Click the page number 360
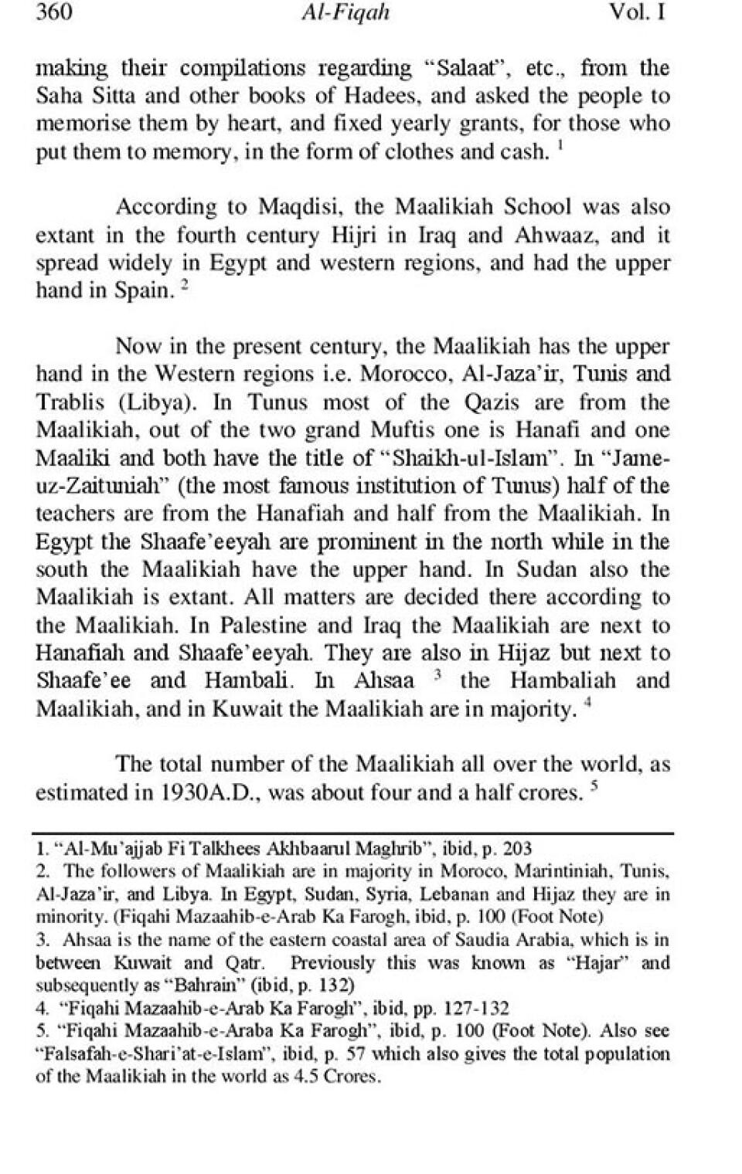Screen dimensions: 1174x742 54,13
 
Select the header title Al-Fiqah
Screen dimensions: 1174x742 347,13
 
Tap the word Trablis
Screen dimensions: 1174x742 72,402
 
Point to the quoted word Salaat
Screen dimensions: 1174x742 469,68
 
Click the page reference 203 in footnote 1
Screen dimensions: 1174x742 517,849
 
